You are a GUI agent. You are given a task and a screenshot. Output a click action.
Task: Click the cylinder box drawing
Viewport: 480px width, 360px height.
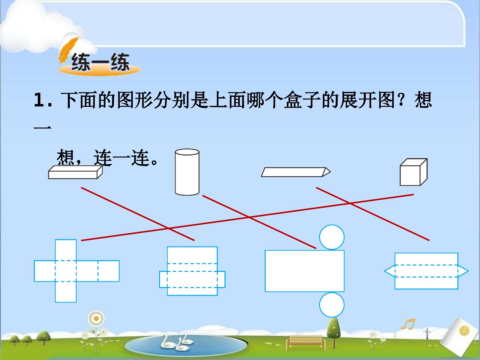coord(187,172)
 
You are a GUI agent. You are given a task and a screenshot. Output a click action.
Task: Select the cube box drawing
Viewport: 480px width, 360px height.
coord(414,172)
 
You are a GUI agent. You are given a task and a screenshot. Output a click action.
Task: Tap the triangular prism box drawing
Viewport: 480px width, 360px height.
coord(296,172)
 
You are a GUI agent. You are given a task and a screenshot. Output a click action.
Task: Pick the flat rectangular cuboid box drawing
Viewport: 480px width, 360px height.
coord(75,172)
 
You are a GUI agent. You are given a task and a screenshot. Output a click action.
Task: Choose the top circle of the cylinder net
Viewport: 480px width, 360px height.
coord(332,237)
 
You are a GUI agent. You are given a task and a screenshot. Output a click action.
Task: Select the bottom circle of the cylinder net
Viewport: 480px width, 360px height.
coord(332,305)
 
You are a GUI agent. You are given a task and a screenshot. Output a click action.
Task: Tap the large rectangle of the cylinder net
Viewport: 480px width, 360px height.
coord(305,271)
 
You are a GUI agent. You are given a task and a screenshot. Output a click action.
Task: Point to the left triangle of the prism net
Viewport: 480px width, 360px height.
coord(390,271)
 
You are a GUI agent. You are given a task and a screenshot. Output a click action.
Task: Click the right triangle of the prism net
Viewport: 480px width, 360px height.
coord(463,271)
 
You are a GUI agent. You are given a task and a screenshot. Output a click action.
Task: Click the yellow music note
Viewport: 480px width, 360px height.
coord(408,324)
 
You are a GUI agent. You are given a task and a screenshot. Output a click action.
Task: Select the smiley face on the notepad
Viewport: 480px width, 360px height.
coord(464,331)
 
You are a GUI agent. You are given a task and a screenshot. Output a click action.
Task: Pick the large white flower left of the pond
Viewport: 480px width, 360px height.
coord(96,318)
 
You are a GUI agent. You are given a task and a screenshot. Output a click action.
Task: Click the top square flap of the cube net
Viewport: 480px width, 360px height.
coord(66,250)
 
